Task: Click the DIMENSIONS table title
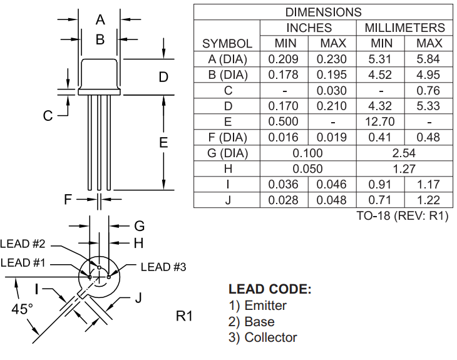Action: [324, 12]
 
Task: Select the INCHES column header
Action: [309, 28]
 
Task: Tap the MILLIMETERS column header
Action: [404, 28]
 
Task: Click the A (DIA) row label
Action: [227, 59]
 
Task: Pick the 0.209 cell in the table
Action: [284, 59]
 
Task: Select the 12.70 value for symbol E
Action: [382, 122]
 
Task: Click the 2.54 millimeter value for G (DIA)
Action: [404, 153]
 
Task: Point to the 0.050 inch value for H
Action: [308, 169]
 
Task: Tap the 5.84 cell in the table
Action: [429, 59]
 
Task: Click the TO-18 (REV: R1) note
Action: [402, 215]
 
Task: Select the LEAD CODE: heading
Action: [270, 290]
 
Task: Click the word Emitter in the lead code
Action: [265, 306]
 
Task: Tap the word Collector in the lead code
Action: [270, 337]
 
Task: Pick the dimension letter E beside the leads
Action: [163, 143]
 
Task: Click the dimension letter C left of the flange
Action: [48, 115]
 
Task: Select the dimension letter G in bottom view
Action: [140, 225]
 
